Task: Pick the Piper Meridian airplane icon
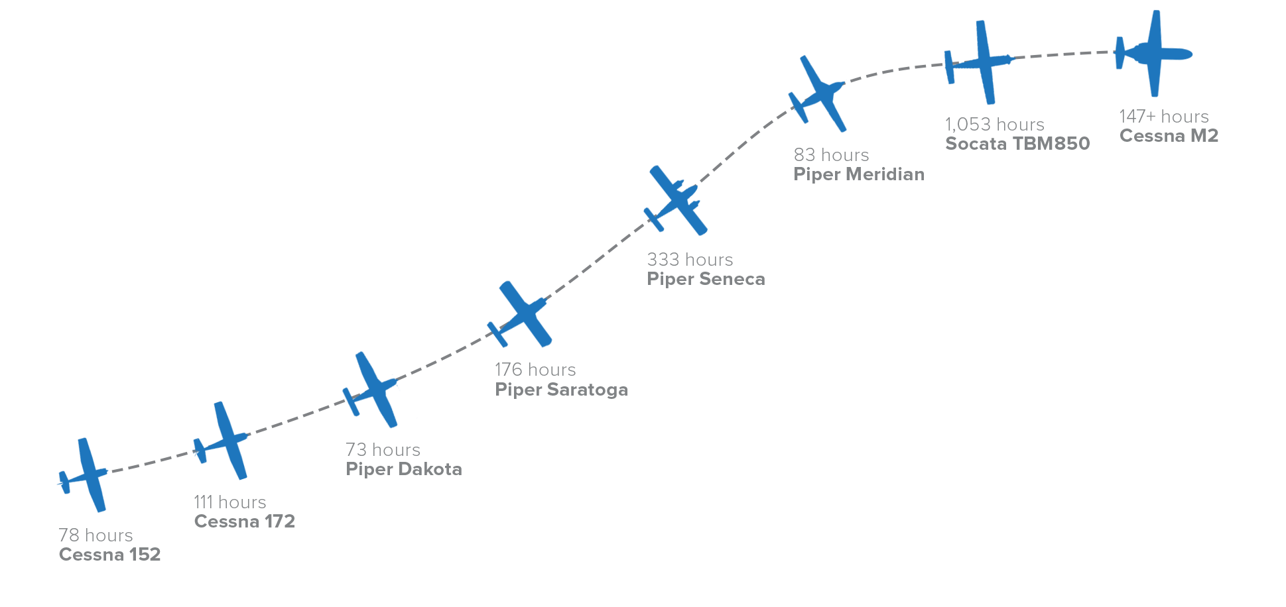(821, 94)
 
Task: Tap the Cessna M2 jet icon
(1154, 54)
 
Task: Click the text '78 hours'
(96, 535)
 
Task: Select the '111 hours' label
(229, 502)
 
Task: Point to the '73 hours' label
(383, 449)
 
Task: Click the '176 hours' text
(535, 369)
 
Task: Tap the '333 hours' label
(690, 259)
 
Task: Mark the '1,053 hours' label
(994, 124)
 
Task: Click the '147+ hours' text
(1163, 116)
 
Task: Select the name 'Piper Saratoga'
(561, 389)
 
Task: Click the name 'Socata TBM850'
(1017, 143)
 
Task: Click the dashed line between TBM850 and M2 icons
(1064, 54)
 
